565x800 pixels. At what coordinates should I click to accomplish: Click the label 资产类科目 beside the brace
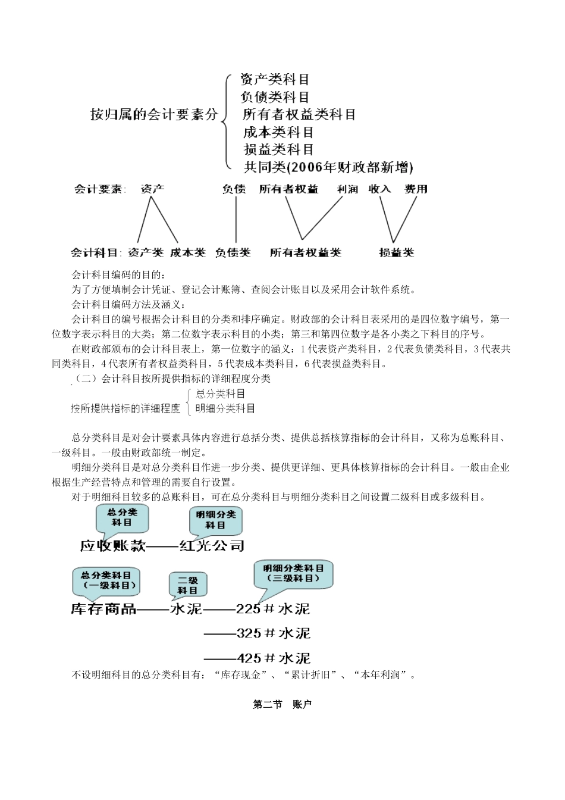275,79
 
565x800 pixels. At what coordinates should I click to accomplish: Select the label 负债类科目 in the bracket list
275,96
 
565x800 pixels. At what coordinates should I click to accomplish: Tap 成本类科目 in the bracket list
278,132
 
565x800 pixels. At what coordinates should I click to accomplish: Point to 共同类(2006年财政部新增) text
328,167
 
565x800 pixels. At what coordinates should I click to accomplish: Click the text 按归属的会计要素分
154,114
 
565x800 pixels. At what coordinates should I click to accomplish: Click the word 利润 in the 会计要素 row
347,189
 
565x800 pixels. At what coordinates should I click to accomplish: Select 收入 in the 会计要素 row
379,189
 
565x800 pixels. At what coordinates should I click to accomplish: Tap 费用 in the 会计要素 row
416,189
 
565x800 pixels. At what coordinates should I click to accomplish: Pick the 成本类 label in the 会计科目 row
187,252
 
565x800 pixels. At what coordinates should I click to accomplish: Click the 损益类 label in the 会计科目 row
396,252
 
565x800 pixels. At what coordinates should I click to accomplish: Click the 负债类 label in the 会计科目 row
233,252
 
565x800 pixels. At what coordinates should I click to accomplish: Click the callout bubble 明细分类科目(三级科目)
293,573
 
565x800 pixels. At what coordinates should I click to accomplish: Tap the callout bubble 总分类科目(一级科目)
106,580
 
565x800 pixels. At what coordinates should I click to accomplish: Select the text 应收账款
113,545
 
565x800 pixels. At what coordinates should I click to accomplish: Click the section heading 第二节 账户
282,705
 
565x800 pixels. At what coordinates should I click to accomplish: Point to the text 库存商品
103,609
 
